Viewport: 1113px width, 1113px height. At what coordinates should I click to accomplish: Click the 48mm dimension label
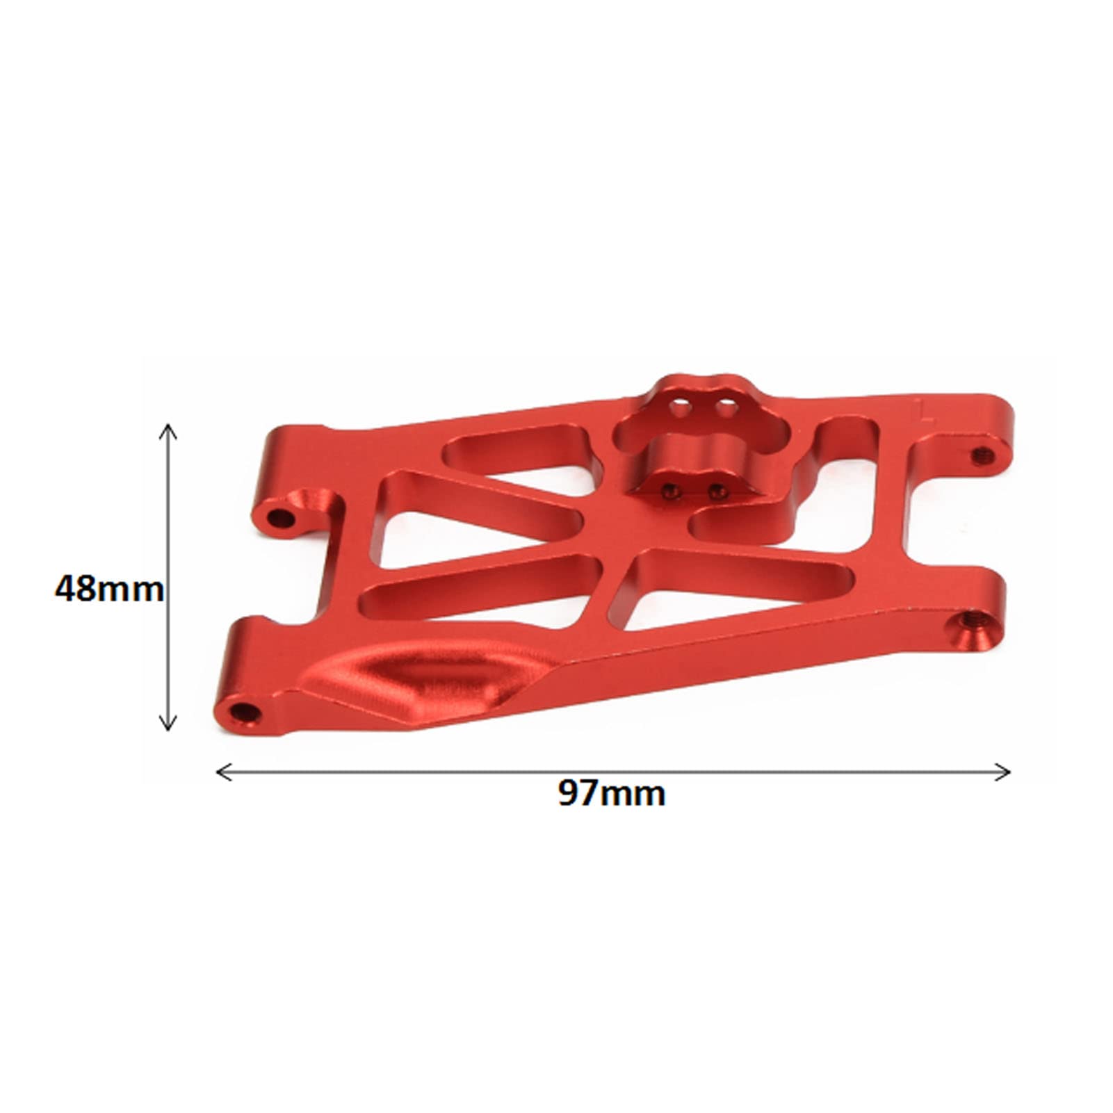(109, 589)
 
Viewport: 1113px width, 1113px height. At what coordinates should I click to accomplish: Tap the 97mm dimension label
(611, 793)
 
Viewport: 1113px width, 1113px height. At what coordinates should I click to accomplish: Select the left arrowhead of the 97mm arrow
(225, 772)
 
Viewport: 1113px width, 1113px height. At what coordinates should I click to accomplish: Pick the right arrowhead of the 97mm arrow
(1002, 772)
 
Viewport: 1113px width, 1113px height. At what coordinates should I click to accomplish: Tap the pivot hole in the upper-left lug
(281, 517)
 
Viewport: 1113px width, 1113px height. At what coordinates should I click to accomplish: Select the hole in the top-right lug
(982, 455)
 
